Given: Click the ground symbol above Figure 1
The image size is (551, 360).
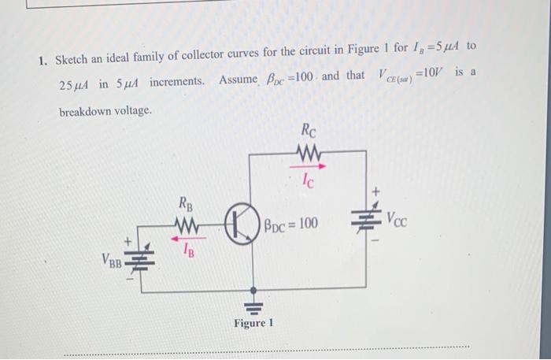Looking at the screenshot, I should (253, 305).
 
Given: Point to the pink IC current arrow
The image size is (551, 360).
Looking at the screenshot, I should (308, 167).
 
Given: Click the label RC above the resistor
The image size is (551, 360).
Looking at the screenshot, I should (309, 130).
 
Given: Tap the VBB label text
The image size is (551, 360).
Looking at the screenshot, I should (110, 260).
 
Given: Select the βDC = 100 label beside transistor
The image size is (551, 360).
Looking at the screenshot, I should (291, 224).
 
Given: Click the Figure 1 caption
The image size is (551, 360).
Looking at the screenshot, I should (253, 324).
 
